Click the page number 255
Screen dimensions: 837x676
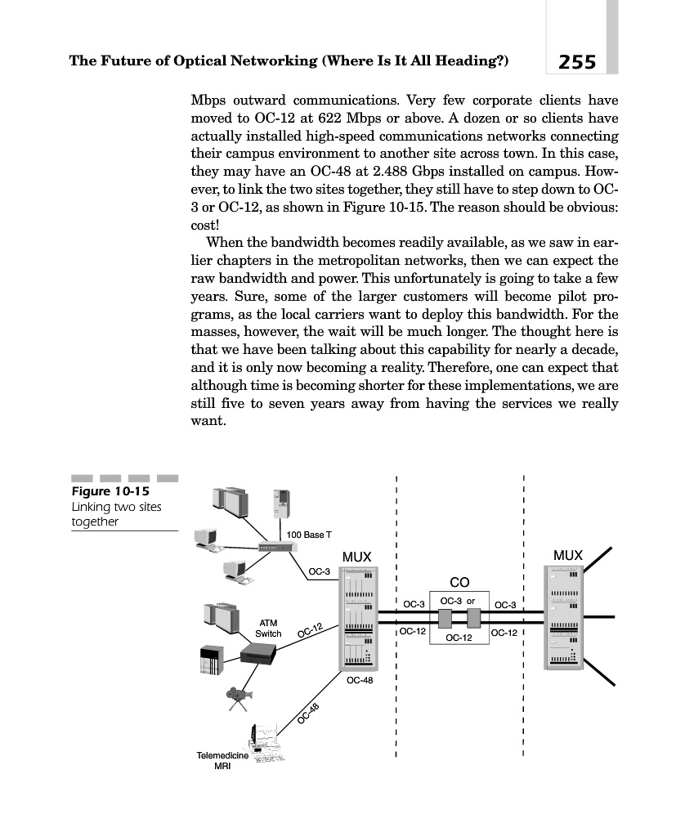point(577,61)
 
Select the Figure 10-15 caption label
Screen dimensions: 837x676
point(107,491)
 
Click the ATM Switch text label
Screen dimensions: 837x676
point(268,629)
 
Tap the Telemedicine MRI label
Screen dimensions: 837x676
point(222,761)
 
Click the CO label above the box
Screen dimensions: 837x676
point(459,582)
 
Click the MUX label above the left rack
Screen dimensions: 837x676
point(357,557)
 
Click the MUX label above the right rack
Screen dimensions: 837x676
point(568,556)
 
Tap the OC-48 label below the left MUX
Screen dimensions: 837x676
point(360,680)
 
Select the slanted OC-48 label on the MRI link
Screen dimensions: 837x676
point(309,714)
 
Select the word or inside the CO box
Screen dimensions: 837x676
point(471,601)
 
